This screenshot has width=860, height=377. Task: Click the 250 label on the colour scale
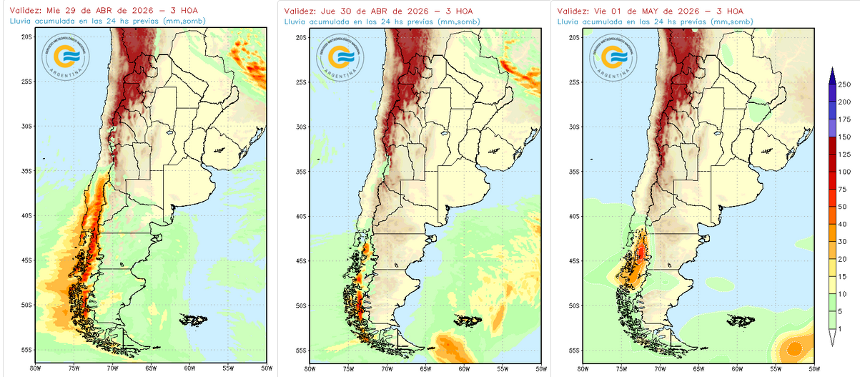(844, 85)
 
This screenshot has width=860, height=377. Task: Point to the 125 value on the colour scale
(844, 155)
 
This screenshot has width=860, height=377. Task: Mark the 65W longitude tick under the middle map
(425, 369)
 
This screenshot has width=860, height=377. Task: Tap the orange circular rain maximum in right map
(794, 349)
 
